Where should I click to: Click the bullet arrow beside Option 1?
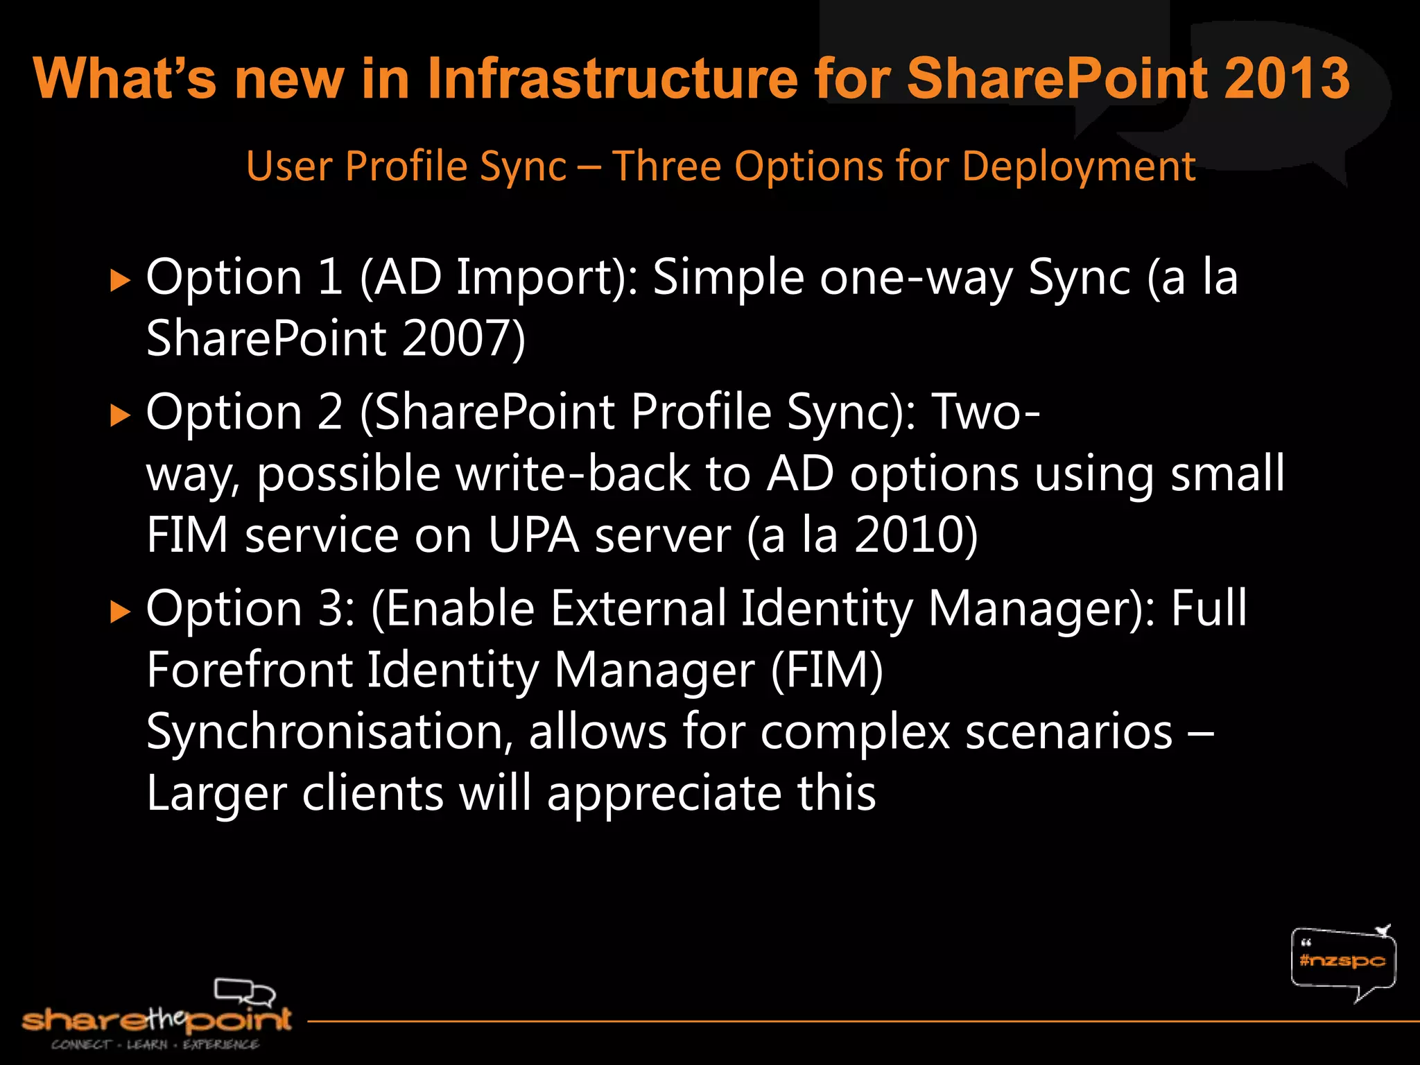click(121, 281)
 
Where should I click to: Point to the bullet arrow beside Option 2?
click(121, 415)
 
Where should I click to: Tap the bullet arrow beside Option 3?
click(121, 612)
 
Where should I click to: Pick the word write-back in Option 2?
click(572, 474)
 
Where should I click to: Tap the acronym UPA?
click(533, 535)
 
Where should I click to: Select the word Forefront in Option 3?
click(250, 670)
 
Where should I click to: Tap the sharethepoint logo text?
click(157, 1019)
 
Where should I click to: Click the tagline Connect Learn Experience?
click(155, 1045)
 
